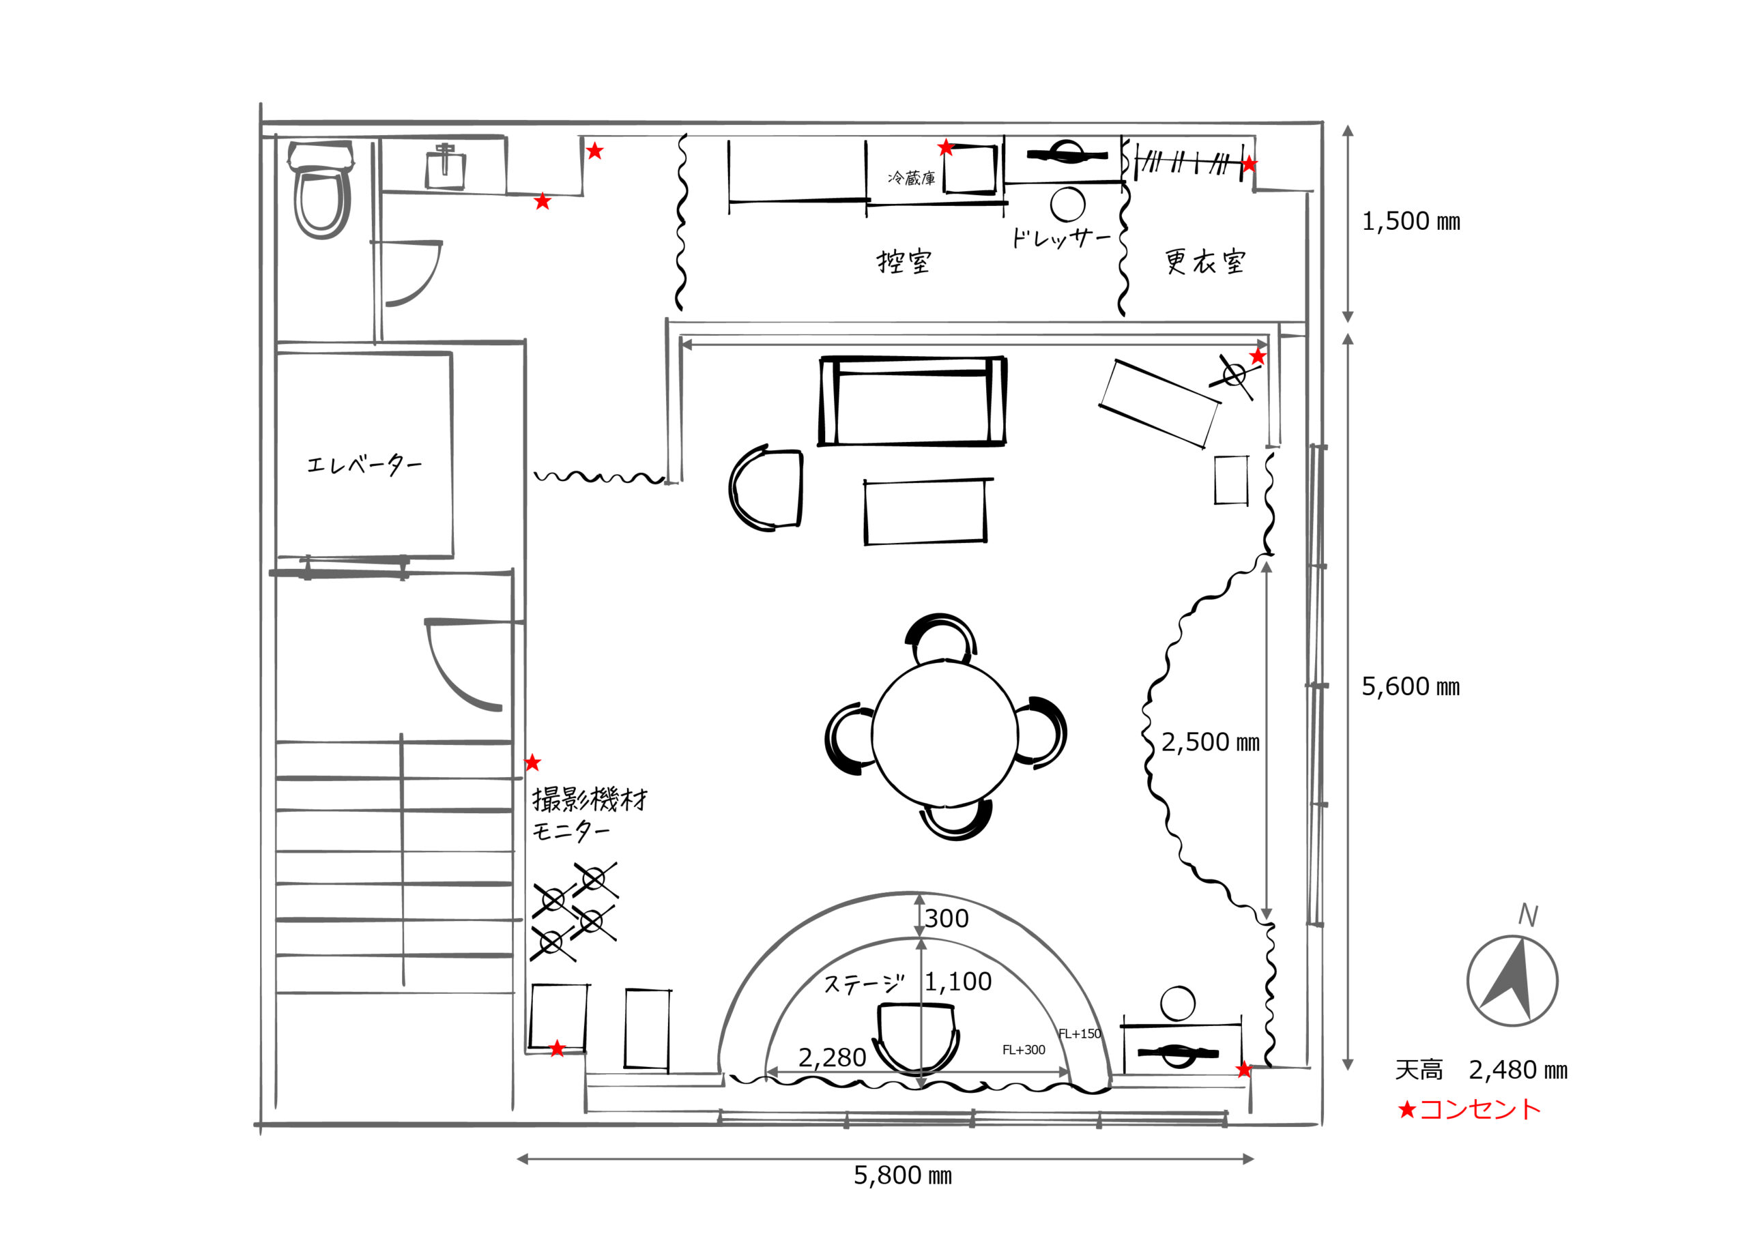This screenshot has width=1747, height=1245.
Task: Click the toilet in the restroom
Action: tap(321, 190)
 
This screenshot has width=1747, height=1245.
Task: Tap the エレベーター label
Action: tap(364, 464)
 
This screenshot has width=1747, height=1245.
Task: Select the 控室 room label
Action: tap(904, 262)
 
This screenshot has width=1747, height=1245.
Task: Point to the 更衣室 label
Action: tap(1204, 261)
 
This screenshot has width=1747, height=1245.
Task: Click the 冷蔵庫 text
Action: tap(912, 179)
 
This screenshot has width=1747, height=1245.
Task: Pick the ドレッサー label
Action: tap(1060, 238)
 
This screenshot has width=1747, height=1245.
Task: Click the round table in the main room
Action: tap(944, 731)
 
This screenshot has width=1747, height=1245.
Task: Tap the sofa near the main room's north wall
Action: tap(912, 401)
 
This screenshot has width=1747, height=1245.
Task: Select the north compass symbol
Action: tap(1512, 980)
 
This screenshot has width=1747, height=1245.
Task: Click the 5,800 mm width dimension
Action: tap(903, 1175)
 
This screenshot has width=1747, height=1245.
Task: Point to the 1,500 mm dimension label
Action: tap(1411, 222)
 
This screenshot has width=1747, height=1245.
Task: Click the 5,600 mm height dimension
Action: tap(1411, 687)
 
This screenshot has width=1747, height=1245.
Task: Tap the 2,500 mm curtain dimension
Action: tap(1210, 742)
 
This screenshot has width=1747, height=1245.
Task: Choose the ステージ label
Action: tap(865, 984)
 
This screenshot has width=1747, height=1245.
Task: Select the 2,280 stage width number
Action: tap(832, 1058)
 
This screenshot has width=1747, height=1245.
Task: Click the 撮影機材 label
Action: tap(590, 800)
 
